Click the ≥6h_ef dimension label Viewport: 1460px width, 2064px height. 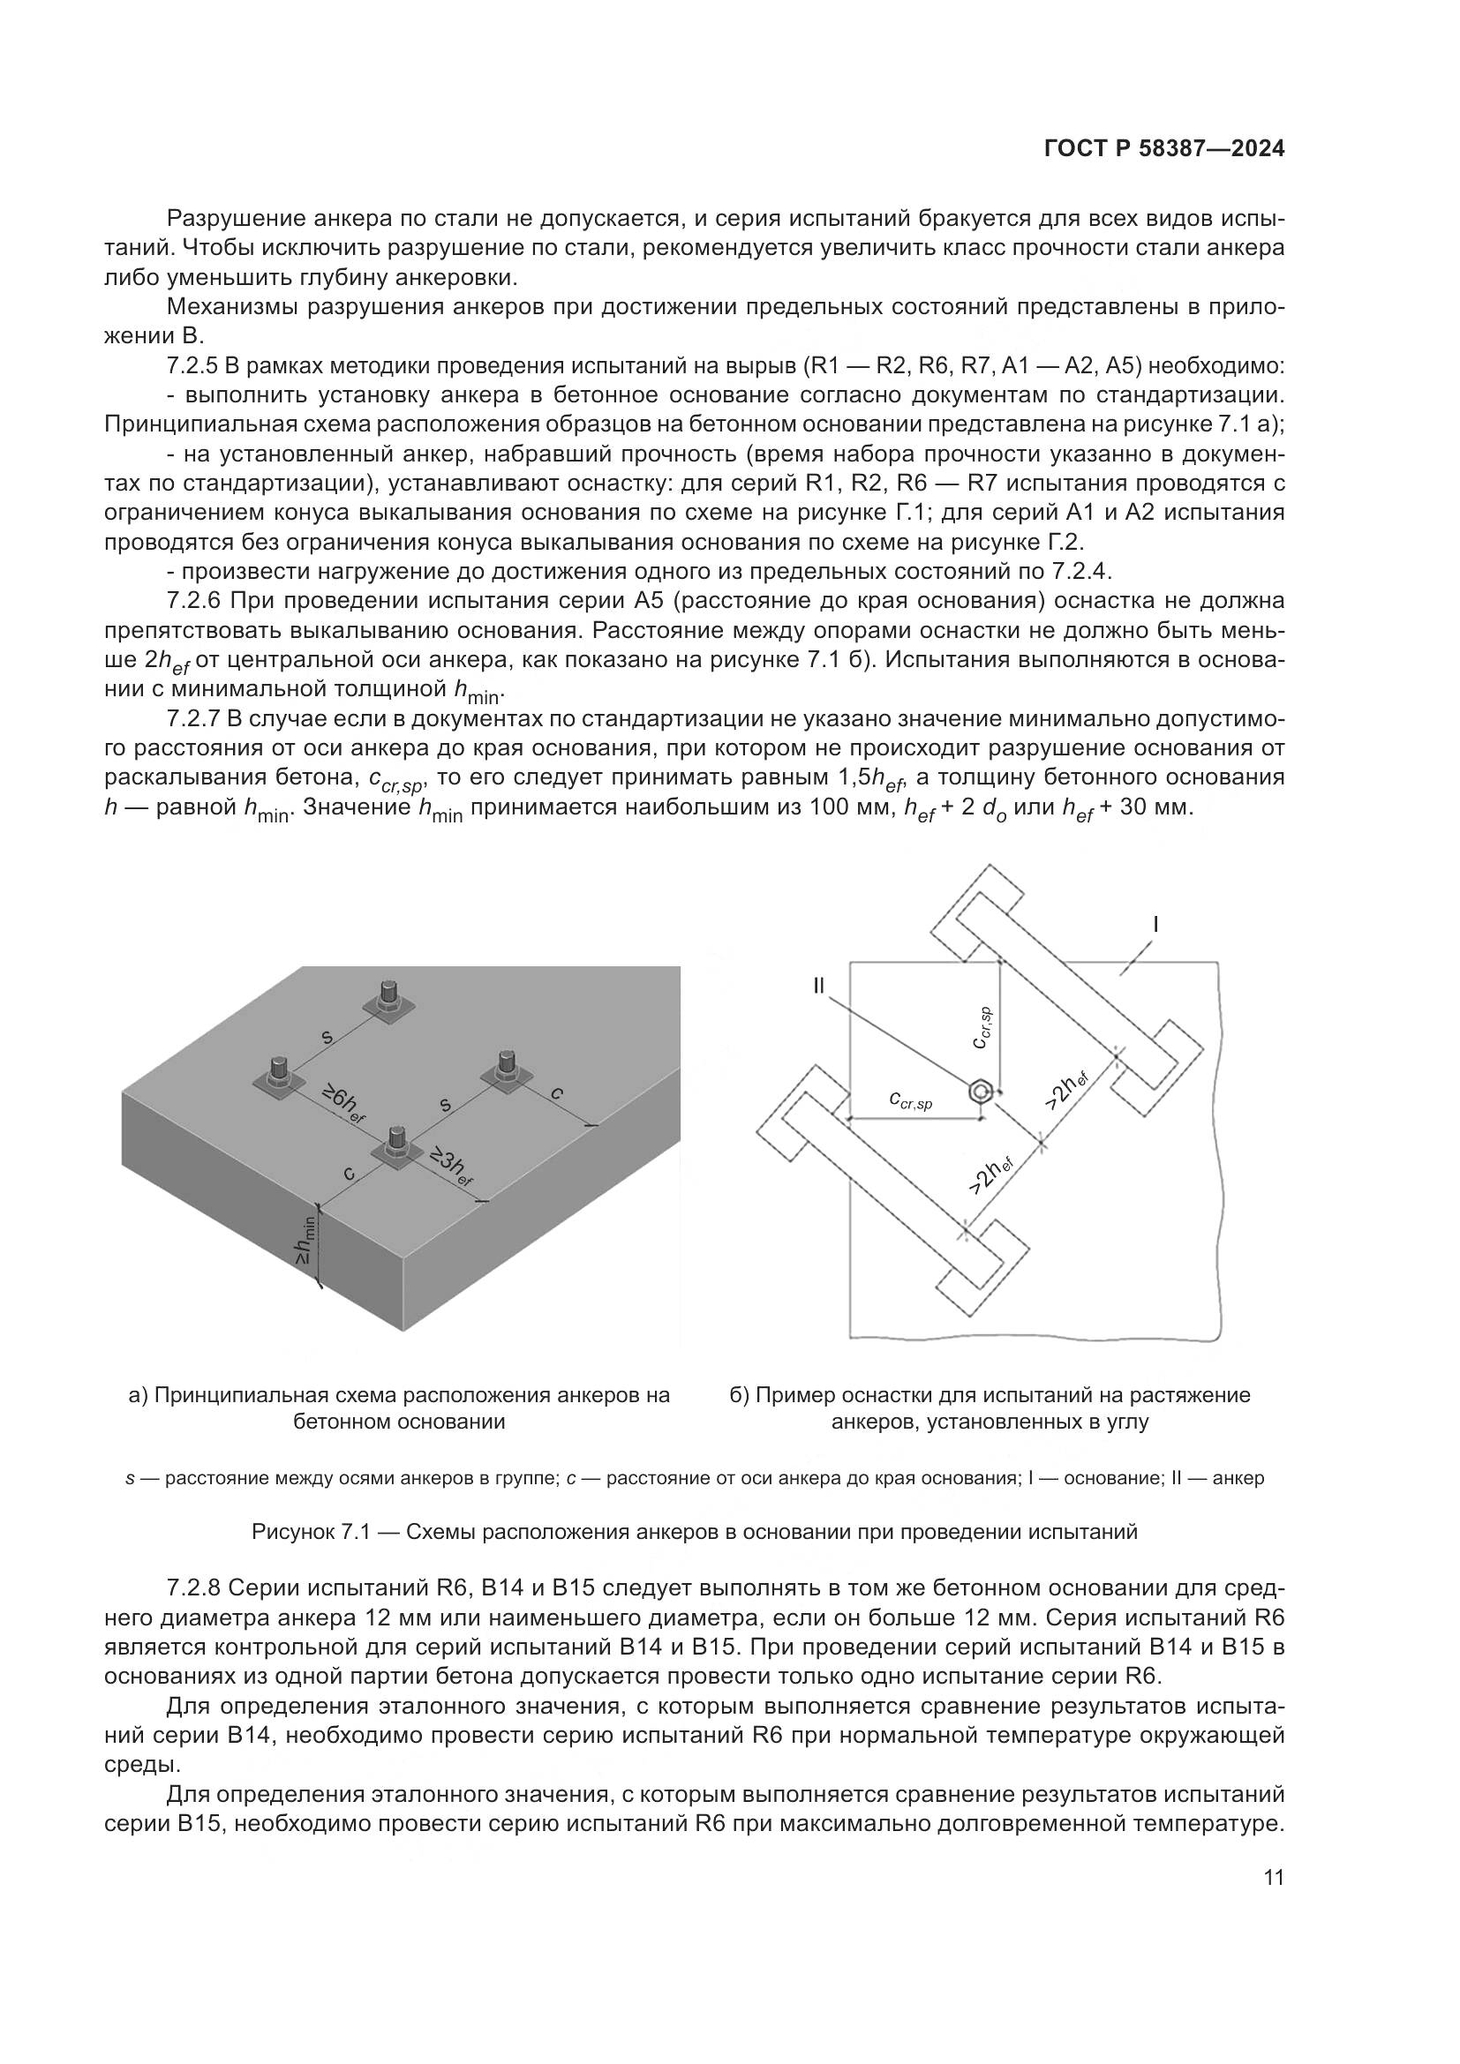(343, 1105)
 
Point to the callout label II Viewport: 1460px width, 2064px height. (818, 987)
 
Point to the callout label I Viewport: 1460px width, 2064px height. (1155, 923)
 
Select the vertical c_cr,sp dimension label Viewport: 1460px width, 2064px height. (983, 1027)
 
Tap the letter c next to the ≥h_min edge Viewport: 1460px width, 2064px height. (350, 1174)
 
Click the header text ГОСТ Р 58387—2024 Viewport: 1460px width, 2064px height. (1163, 149)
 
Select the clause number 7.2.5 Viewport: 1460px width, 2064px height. (194, 366)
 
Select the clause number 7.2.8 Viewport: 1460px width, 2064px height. (194, 1589)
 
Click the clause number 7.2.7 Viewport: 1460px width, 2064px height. (194, 718)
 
